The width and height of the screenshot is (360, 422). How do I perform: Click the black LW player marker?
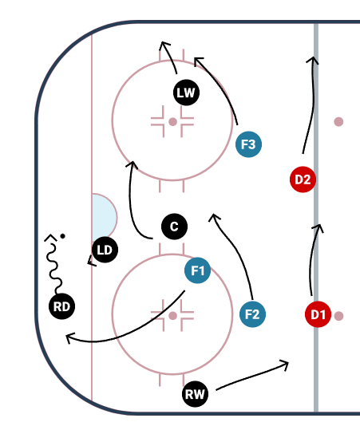tap(186, 93)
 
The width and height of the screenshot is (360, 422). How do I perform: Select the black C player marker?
tap(174, 227)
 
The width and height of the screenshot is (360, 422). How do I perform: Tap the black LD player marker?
tap(105, 250)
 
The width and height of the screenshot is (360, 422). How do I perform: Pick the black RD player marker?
tap(61, 306)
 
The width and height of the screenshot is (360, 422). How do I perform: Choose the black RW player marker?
tap(195, 394)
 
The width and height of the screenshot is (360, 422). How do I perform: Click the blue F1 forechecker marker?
tap(197, 270)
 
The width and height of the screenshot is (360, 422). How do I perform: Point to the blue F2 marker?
tap(252, 314)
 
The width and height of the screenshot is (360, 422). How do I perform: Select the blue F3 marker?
tap(248, 144)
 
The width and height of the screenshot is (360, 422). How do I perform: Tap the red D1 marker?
tap(318, 314)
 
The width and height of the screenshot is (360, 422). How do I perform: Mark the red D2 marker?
tap(303, 179)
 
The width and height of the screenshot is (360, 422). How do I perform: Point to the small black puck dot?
tap(62, 236)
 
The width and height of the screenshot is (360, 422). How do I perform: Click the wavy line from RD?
tap(55, 265)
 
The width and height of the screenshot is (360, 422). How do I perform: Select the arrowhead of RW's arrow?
tap(285, 365)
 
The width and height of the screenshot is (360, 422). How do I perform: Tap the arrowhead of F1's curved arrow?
tap(69, 337)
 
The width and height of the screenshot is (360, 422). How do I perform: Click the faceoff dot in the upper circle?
tap(172, 121)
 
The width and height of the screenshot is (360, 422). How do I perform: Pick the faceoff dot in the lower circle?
tap(172, 315)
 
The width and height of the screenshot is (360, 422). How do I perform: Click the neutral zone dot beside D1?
tap(338, 316)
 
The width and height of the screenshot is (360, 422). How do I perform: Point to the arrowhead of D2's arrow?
tap(313, 60)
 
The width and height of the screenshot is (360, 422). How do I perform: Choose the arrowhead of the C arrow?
tap(132, 164)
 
